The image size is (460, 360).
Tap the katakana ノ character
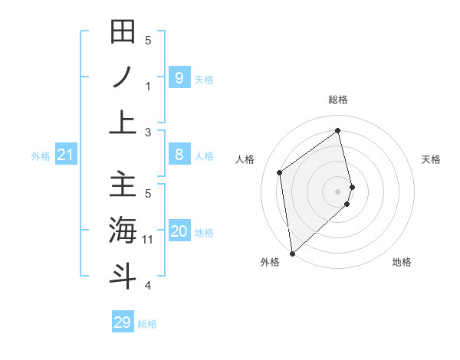pyautogui.click(x=123, y=77)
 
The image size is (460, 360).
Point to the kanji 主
pyautogui.click(x=123, y=185)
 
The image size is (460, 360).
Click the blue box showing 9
pyautogui.click(x=179, y=77)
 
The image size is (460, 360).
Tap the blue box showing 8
pyautogui.click(x=179, y=155)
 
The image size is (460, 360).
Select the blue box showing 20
pyautogui.click(x=179, y=231)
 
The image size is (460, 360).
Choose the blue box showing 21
pyautogui.click(x=65, y=155)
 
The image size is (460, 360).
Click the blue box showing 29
pyautogui.click(x=123, y=322)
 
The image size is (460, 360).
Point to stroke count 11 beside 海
pyautogui.click(x=148, y=240)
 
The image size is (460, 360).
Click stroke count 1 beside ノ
pyautogui.click(x=148, y=86)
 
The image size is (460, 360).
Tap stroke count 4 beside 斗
pyautogui.click(x=148, y=286)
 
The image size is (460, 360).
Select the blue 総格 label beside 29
pyautogui.click(x=147, y=324)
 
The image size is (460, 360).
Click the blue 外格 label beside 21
pyautogui.click(x=41, y=156)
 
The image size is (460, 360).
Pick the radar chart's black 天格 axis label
pyautogui.click(x=432, y=159)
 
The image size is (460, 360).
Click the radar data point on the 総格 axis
pyautogui.click(x=338, y=130)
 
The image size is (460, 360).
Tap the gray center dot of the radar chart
pyautogui.click(x=338, y=191)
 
